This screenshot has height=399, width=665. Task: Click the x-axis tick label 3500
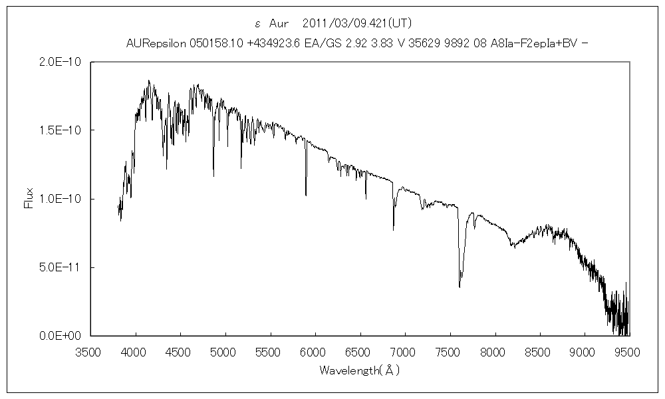90,351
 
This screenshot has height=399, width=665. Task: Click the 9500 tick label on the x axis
628,351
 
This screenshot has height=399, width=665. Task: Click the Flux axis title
29,198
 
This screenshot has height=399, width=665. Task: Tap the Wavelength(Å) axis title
359,369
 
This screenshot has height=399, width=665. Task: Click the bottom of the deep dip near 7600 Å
460,287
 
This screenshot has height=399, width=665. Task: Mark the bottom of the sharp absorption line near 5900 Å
306,195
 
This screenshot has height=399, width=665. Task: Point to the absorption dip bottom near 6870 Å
393,229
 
